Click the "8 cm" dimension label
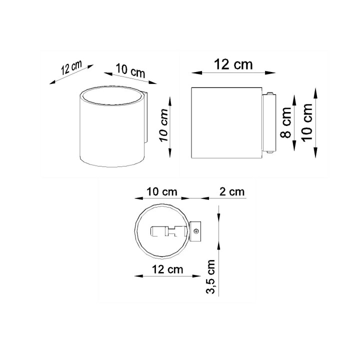[x=285, y=123]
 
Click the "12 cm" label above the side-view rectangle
[x=233, y=64]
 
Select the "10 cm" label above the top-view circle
[x=161, y=191]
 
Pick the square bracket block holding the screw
[x=195, y=231]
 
